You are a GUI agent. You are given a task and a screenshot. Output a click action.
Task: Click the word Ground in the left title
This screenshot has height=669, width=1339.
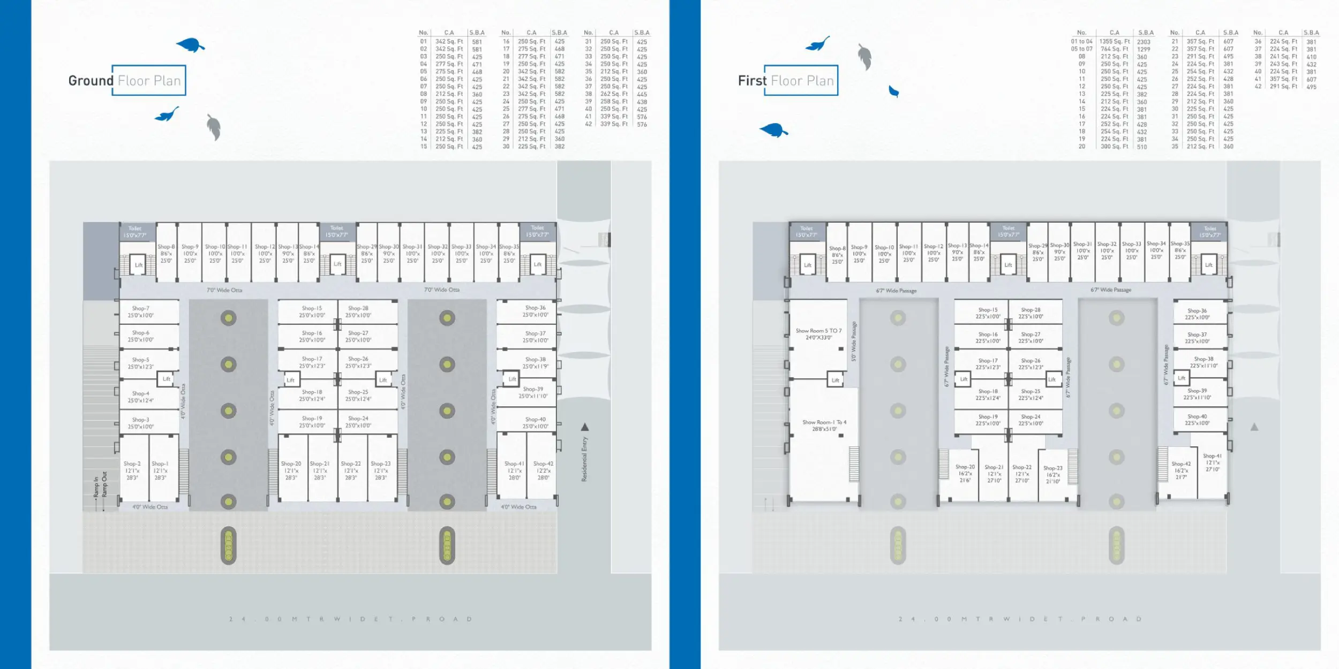coord(91,81)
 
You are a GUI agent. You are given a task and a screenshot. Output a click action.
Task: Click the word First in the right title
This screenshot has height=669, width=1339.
coord(752,81)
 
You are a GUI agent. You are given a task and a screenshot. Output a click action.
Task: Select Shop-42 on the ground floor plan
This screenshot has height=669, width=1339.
coord(543,470)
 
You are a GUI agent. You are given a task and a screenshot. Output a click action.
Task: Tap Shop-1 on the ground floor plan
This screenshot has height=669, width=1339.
coord(160,470)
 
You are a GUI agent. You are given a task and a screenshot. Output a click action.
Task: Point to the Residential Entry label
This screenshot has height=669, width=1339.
coord(584,459)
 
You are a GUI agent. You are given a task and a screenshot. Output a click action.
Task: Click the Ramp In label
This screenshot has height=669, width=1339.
coord(96,487)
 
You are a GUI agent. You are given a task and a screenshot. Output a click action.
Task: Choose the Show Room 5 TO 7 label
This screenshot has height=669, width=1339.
coord(818,333)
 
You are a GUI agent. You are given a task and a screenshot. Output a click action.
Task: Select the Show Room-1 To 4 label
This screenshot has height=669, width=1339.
coord(824,425)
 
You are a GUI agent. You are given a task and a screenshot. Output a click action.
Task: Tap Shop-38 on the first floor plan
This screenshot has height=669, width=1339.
coord(1203,362)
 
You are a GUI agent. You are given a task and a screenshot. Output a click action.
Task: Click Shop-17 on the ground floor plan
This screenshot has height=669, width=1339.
coord(312,362)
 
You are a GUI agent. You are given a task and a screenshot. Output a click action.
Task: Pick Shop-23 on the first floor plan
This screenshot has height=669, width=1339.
coord(1052,474)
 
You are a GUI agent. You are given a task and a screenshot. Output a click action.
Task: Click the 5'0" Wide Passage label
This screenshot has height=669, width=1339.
coord(854,341)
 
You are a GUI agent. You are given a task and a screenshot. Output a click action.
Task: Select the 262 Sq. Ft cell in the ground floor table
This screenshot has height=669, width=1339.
coord(613,94)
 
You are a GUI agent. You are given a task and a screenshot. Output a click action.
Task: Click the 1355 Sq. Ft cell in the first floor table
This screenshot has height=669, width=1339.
coord(1114,41)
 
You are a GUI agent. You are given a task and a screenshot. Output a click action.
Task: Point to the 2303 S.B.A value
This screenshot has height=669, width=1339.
coord(1144,42)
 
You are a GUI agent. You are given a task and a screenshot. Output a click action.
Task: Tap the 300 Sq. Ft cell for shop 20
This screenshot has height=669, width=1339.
coord(1114,147)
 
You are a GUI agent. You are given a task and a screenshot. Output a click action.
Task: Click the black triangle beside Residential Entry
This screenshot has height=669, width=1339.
coord(585,427)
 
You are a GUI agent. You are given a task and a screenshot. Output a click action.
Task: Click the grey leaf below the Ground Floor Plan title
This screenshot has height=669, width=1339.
coord(214,127)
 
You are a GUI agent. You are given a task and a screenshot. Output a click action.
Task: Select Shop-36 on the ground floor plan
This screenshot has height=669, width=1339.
coord(535,311)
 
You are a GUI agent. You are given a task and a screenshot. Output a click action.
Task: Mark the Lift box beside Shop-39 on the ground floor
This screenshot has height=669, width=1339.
coord(512,379)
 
